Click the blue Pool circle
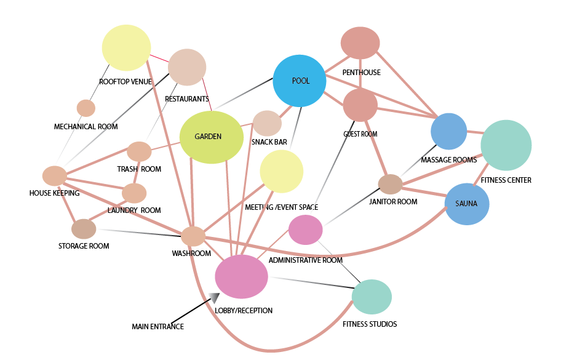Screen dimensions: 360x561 (299, 81)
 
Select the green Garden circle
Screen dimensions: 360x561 (211, 137)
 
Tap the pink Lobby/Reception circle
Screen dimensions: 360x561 (241, 276)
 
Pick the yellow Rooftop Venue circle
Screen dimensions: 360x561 (126, 48)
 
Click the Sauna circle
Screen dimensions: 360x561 (466, 204)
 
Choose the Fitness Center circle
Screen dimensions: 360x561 (506, 145)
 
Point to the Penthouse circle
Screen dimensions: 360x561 (360, 43)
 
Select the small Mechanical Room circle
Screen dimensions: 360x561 (86, 108)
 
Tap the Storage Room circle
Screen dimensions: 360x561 (84, 229)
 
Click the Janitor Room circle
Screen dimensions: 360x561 (390, 183)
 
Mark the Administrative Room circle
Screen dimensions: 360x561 (306, 230)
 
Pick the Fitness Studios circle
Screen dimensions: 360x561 (372, 297)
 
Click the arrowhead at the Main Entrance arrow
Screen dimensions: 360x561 (214, 297)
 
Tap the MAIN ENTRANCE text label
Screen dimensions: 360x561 (157, 327)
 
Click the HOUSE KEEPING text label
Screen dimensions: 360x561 (54, 193)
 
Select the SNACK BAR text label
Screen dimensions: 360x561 (269, 142)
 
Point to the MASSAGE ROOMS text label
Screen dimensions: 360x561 (448, 160)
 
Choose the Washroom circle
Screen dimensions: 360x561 (193, 236)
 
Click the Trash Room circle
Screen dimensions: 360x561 (139, 151)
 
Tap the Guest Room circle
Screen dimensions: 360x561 (360, 105)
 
